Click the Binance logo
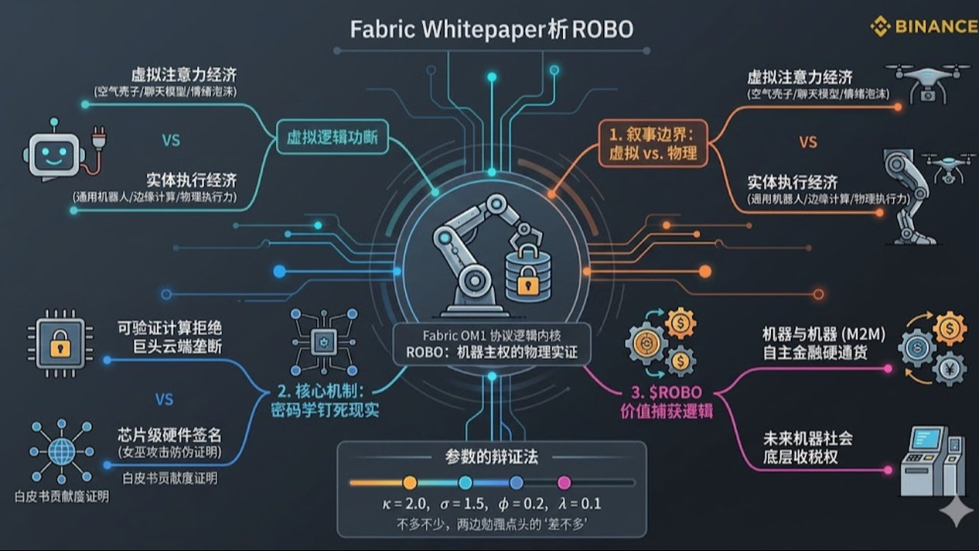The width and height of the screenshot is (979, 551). pyautogui.click(x=923, y=27)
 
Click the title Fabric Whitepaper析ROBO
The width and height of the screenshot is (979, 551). pyautogui.click(x=491, y=29)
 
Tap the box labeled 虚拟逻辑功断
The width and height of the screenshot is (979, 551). pyautogui.click(x=332, y=139)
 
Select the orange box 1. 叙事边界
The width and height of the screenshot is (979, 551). pyautogui.click(x=652, y=143)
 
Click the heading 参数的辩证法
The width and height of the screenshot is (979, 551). pyautogui.click(x=491, y=457)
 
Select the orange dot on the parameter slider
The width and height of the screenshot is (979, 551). pyautogui.click(x=410, y=482)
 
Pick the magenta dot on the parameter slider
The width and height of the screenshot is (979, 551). pyautogui.click(x=564, y=482)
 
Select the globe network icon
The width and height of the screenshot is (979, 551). pyautogui.click(x=61, y=451)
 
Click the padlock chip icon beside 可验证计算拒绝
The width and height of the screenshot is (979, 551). pyautogui.click(x=60, y=344)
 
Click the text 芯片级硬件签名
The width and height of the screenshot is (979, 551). pyautogui.click(x=170, y=435)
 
